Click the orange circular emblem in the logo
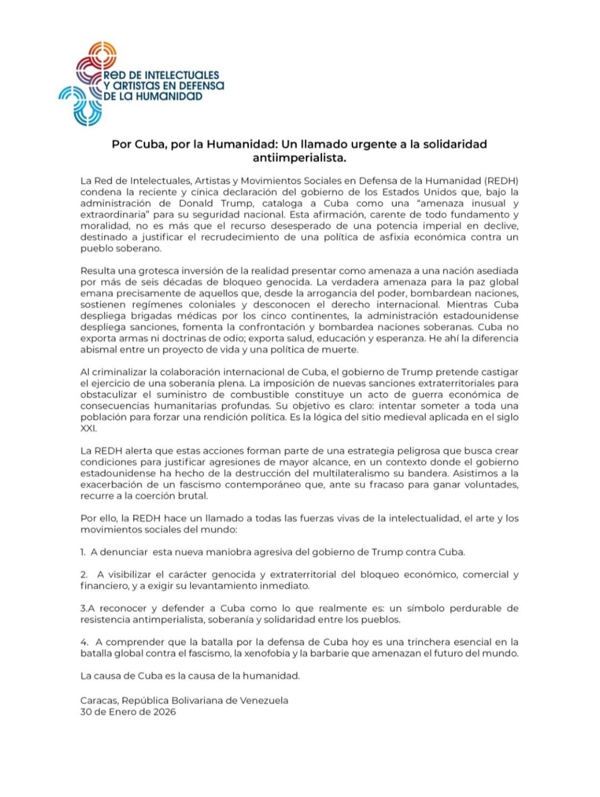pos(102,55)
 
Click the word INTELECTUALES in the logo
pos(182,75)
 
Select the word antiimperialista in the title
pos(299,158)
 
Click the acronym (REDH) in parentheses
pos(501,181)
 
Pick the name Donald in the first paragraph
pos(198,203)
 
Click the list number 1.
pos(82,552)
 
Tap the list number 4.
pos(83,642)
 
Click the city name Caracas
pos(98,700)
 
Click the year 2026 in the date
pos(164,712)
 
